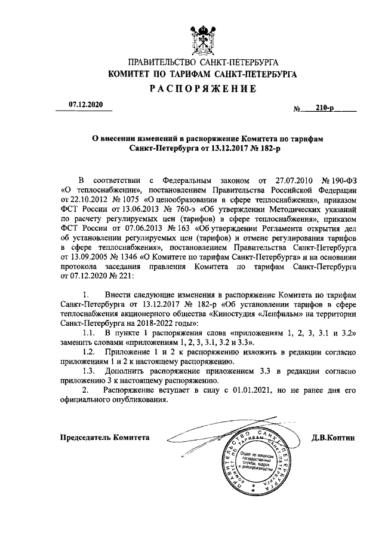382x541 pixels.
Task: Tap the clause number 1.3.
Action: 89,370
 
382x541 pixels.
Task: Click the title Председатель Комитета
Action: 104,438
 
